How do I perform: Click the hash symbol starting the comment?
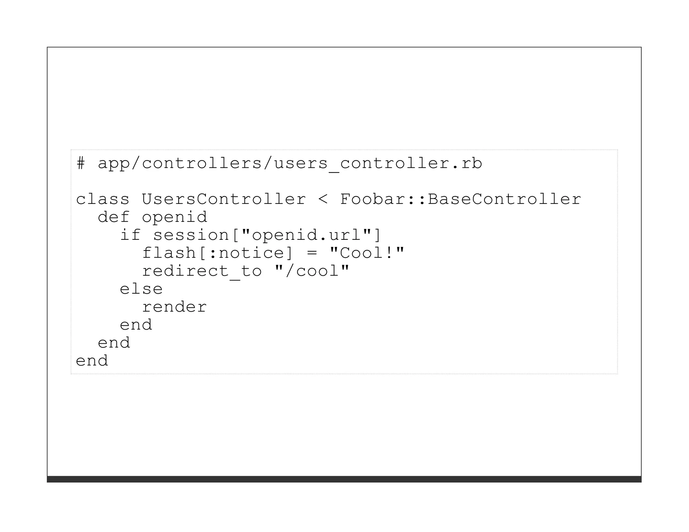point(81,163)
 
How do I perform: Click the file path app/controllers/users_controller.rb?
point(290,163)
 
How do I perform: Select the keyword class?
point(103,199)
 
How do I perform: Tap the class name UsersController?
point(224,199)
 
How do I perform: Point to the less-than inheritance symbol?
point(323,199)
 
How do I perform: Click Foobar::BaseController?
point(461,199)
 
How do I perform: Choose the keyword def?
point(113,217)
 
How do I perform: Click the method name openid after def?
point(174,217)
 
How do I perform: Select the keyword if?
point(130,235)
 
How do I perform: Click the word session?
point(191,235)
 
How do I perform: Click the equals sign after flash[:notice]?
point(312,253)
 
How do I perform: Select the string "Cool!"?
point(367,253)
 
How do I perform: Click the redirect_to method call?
point(202,271)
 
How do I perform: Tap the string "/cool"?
point(312,271)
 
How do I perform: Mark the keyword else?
point(141,289)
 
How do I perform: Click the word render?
point(174,307)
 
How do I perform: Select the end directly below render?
point(136,325)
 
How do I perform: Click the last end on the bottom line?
point(92,361)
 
